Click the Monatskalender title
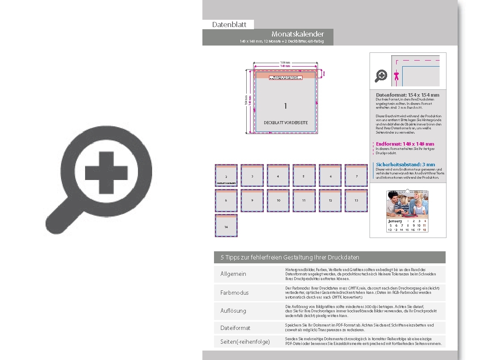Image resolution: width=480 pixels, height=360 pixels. [297, 34]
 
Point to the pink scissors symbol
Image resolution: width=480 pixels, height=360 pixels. [397, 76]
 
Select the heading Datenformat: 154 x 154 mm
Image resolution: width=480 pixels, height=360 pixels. [407, 95]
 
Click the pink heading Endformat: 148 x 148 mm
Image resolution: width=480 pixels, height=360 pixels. [405, 144]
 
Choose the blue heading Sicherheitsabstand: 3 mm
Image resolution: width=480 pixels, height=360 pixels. [405, 165]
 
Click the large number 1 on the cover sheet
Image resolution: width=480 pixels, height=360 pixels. [285, 106]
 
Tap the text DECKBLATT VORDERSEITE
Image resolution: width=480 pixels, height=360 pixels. [286, 123]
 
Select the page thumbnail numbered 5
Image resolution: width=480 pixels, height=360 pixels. [304, 176]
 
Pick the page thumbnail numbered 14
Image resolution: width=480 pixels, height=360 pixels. [226, 226]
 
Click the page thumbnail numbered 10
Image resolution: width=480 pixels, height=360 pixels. [278, 201]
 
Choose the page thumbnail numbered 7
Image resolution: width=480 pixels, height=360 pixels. [356, 176]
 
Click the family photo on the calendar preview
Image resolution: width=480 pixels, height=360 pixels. [407, 204]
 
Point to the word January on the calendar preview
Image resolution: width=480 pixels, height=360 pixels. [395, 221]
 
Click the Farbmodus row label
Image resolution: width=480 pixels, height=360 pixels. [234, 293]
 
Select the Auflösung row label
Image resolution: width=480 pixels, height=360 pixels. [233, 311]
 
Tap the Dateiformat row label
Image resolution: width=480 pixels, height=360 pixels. [235, 328]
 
